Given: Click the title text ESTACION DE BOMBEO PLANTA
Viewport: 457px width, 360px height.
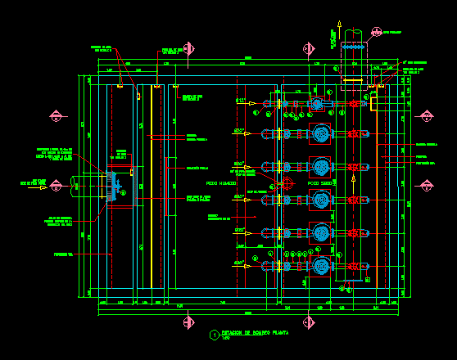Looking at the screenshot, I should click(255, 334).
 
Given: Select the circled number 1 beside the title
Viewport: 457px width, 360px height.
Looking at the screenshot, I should click(215, 335).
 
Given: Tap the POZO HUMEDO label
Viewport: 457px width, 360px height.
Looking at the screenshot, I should click(221, 183).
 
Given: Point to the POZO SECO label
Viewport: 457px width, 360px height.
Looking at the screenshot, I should click(319, 183).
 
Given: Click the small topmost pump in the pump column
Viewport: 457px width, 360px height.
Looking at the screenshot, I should click(318, 104).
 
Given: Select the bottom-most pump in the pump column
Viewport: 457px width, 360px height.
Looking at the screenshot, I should click(321, 266).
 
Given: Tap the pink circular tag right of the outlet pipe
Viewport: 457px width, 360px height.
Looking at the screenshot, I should click(376, 32).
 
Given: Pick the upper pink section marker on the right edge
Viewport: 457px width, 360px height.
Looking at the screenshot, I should click(426, 116).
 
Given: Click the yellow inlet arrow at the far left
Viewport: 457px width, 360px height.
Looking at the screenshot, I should click(43, 187).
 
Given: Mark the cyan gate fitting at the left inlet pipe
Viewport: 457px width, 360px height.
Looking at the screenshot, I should click(113, 187).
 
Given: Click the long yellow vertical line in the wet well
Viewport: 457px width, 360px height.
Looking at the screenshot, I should click(152, 188).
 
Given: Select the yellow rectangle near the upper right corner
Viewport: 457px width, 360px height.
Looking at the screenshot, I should click(373, 103).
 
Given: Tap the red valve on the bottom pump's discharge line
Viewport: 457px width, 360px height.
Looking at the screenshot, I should click(354, 266).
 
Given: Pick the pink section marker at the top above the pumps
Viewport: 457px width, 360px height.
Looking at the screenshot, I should click(309, 49).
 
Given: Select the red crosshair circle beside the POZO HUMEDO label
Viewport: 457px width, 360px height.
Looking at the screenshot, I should click(286, 183).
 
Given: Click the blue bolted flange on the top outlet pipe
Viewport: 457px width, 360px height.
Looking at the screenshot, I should click(353, 47).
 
